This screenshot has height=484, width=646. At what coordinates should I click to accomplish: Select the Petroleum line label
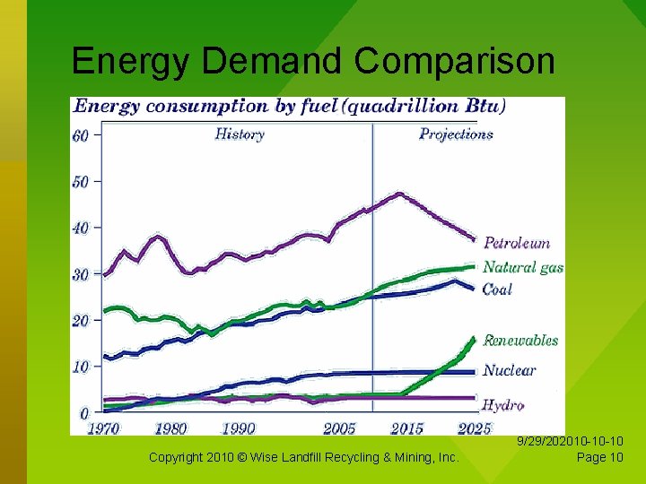point(517,243)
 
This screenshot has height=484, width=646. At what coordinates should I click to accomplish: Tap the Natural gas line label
point(522,267)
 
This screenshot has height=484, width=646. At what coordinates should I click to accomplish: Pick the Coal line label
point(497,289)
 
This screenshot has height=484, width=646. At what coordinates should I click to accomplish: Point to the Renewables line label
point(520,341)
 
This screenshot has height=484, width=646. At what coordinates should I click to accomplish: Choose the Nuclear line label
point(509,370)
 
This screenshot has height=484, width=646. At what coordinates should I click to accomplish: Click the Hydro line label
point(502,405)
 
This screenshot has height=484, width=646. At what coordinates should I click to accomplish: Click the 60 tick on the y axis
point(80,135)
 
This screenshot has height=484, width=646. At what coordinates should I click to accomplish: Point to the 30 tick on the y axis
point(80,275)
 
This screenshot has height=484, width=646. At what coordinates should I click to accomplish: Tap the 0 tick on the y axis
point(83,414)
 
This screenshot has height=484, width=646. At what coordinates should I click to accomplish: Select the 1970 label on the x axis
point(103,428)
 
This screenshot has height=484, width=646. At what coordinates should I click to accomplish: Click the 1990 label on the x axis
point(238,428)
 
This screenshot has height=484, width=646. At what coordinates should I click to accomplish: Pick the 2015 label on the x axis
point(407,428)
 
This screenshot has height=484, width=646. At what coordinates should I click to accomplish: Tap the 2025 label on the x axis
point(474,428)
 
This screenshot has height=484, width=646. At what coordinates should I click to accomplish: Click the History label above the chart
point(240,134)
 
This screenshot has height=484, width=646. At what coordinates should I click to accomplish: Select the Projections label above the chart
point(456,134)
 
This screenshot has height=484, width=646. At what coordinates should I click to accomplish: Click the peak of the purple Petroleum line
point(399,193)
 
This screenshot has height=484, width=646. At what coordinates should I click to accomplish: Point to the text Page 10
point(599,458)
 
